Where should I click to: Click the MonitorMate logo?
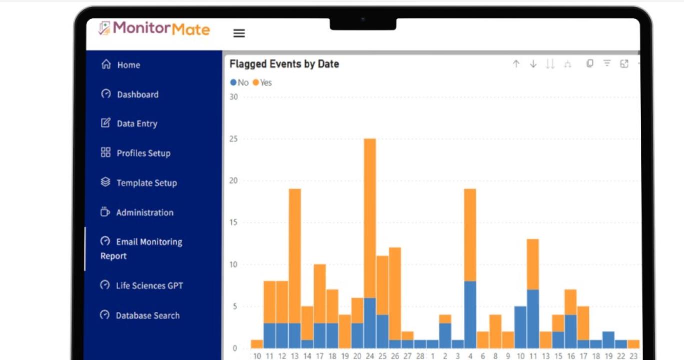pyautogui.click(x=154, y=28)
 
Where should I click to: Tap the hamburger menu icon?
pyautogui.click(x=239, y=33)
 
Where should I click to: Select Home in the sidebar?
pyautogui.click(x=128, y=65)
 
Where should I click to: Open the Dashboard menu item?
pyautogui.click(x=137, y=94)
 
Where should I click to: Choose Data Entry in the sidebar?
pyautogui.click(x=137, y=123)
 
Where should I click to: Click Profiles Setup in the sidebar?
pyautogui.click(x=143, y=153)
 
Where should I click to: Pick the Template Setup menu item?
pyautogui.click(x=146, y=183)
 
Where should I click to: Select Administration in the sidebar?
pyautogui.click(x=145, y=212)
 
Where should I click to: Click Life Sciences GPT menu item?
pyautogui.click(x=149, y=286)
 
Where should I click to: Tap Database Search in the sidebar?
pyautogui.click(x=148, y=315)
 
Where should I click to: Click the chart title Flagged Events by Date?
pyautogui.click(x=284, y=64)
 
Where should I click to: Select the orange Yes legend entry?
pyautogui.click(x=263, y=82)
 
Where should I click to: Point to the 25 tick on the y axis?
pyautogui.click(x=234, y=138)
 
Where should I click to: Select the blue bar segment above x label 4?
pyautogui.click(x=470, y=314)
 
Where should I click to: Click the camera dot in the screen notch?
pyautogui.click(x=363, y=19)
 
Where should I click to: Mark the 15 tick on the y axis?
pyautogui.click(x=234, y=222)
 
